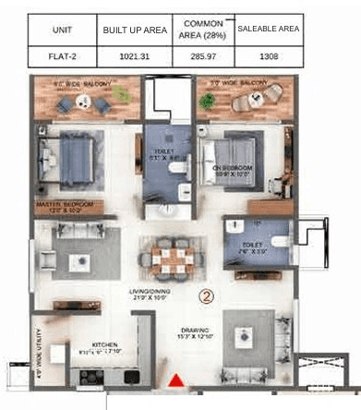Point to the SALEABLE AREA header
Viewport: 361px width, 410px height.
[268, 30]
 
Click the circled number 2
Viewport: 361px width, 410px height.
[208, 296]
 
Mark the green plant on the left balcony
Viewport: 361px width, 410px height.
[122, 94]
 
